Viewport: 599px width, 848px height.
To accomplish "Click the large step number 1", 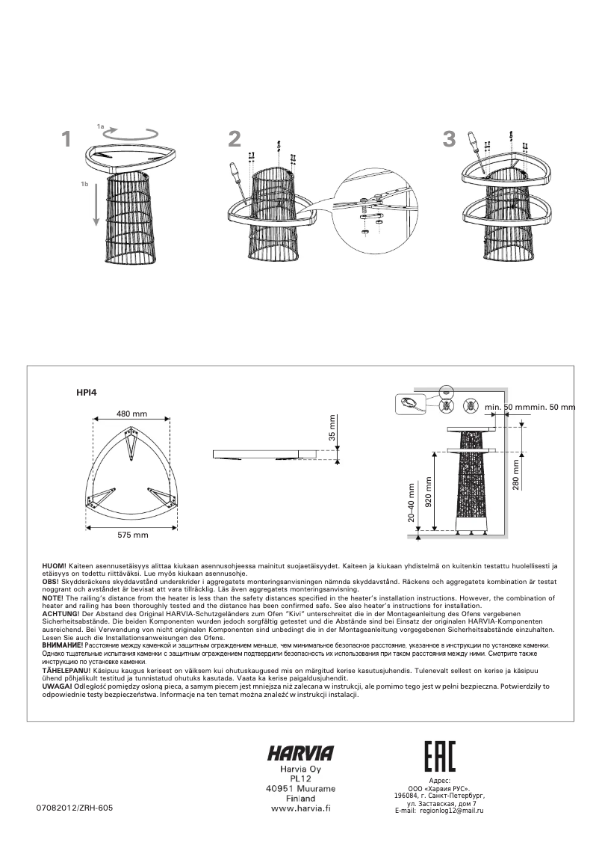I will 66,139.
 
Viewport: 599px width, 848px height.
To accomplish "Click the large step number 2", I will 235,139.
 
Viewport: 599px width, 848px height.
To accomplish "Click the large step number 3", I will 449,139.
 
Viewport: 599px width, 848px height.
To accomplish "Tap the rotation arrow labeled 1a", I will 131,133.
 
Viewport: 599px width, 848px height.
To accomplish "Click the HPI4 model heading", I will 87,391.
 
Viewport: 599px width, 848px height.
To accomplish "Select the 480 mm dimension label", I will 131,414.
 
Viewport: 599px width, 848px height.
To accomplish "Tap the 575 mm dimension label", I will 132,535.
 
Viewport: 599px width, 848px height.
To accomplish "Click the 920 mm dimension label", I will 428,492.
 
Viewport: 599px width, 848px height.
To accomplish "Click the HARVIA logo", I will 300,753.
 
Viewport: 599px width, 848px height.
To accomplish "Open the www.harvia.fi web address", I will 300,808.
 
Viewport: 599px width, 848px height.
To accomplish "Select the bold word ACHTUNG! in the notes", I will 60,613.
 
